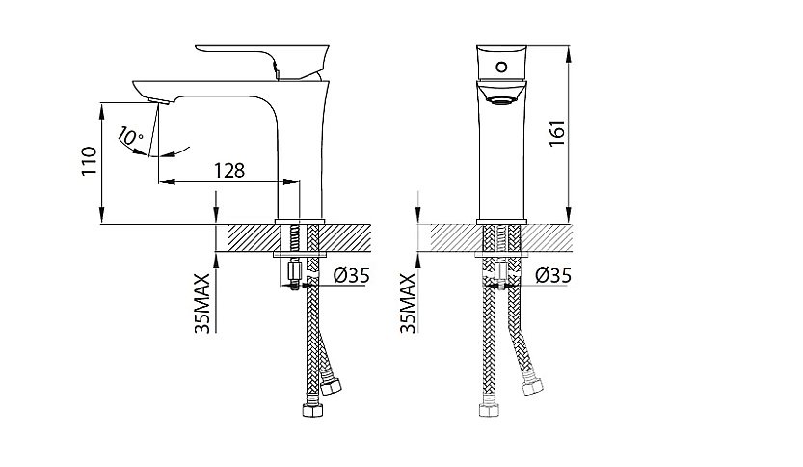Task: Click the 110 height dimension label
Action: [89, 161]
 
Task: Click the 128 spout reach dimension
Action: [229, 170]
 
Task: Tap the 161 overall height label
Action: [557, 133]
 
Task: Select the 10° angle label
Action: [130, 137]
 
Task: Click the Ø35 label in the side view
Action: [351, 276]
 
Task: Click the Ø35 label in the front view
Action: [553, 276]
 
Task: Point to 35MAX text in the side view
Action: [202, 304]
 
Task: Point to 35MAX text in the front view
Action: [408, 304]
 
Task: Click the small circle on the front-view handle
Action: [502, 67]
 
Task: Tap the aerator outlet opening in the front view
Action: [501, 100]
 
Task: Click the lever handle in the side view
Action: [262, 60]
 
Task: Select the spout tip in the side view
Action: [158, 100]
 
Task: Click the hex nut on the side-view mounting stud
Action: [293, 269]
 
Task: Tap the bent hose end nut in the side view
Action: [331, 386]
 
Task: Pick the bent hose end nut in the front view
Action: [532, 386]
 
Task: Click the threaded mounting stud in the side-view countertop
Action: [294, 239]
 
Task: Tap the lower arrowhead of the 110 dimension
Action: [102, 216]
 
